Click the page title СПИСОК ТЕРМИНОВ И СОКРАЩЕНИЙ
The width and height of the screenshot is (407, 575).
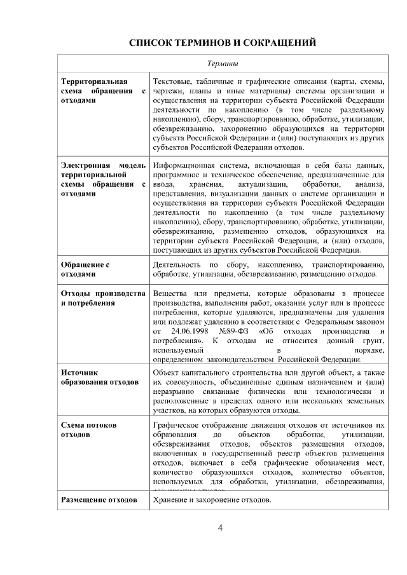coord(223,43)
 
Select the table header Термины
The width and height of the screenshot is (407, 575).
coord(223,64)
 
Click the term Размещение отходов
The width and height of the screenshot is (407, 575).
coord(99,500)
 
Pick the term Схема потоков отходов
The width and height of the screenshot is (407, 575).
coord(88,430)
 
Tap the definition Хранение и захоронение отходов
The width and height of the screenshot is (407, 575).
coord(212,500)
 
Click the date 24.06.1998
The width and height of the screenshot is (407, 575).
coord(191,331)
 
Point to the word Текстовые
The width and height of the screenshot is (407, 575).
coord(172,81)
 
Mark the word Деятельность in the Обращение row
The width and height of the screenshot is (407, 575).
coord(177,264)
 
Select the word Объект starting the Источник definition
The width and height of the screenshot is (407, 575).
coord(167,372)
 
